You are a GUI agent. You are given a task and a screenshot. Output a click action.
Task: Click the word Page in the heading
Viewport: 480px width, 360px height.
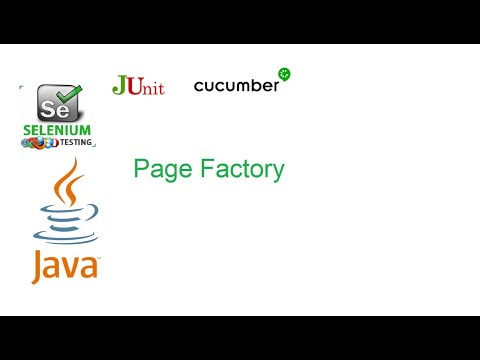pyautogui.click(x=158, y=171)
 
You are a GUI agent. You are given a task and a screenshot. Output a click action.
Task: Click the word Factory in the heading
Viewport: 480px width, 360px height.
pyautogui.click(x=237, y=171)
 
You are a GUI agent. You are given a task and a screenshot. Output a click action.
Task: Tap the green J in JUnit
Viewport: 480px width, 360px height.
pyautogui.click(x=120, y=84)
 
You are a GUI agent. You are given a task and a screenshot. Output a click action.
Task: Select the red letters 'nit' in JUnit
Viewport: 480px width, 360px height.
pyautogui.click(x=152, y=87)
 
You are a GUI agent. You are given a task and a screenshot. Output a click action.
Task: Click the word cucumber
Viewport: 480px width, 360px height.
pyautogui.click(x=236, y=86)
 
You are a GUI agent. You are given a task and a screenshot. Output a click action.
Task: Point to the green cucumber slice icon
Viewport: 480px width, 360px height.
pyautogui.click(x=284, y=74)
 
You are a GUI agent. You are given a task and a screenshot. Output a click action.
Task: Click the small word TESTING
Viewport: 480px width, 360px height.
pyautogui.click(x=78, y=142)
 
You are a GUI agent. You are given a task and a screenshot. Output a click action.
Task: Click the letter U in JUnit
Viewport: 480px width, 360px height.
pyautogui.click(x=135, y=86)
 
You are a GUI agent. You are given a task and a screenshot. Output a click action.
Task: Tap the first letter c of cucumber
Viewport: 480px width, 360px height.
pyautogui.click(x=199, y=87)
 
